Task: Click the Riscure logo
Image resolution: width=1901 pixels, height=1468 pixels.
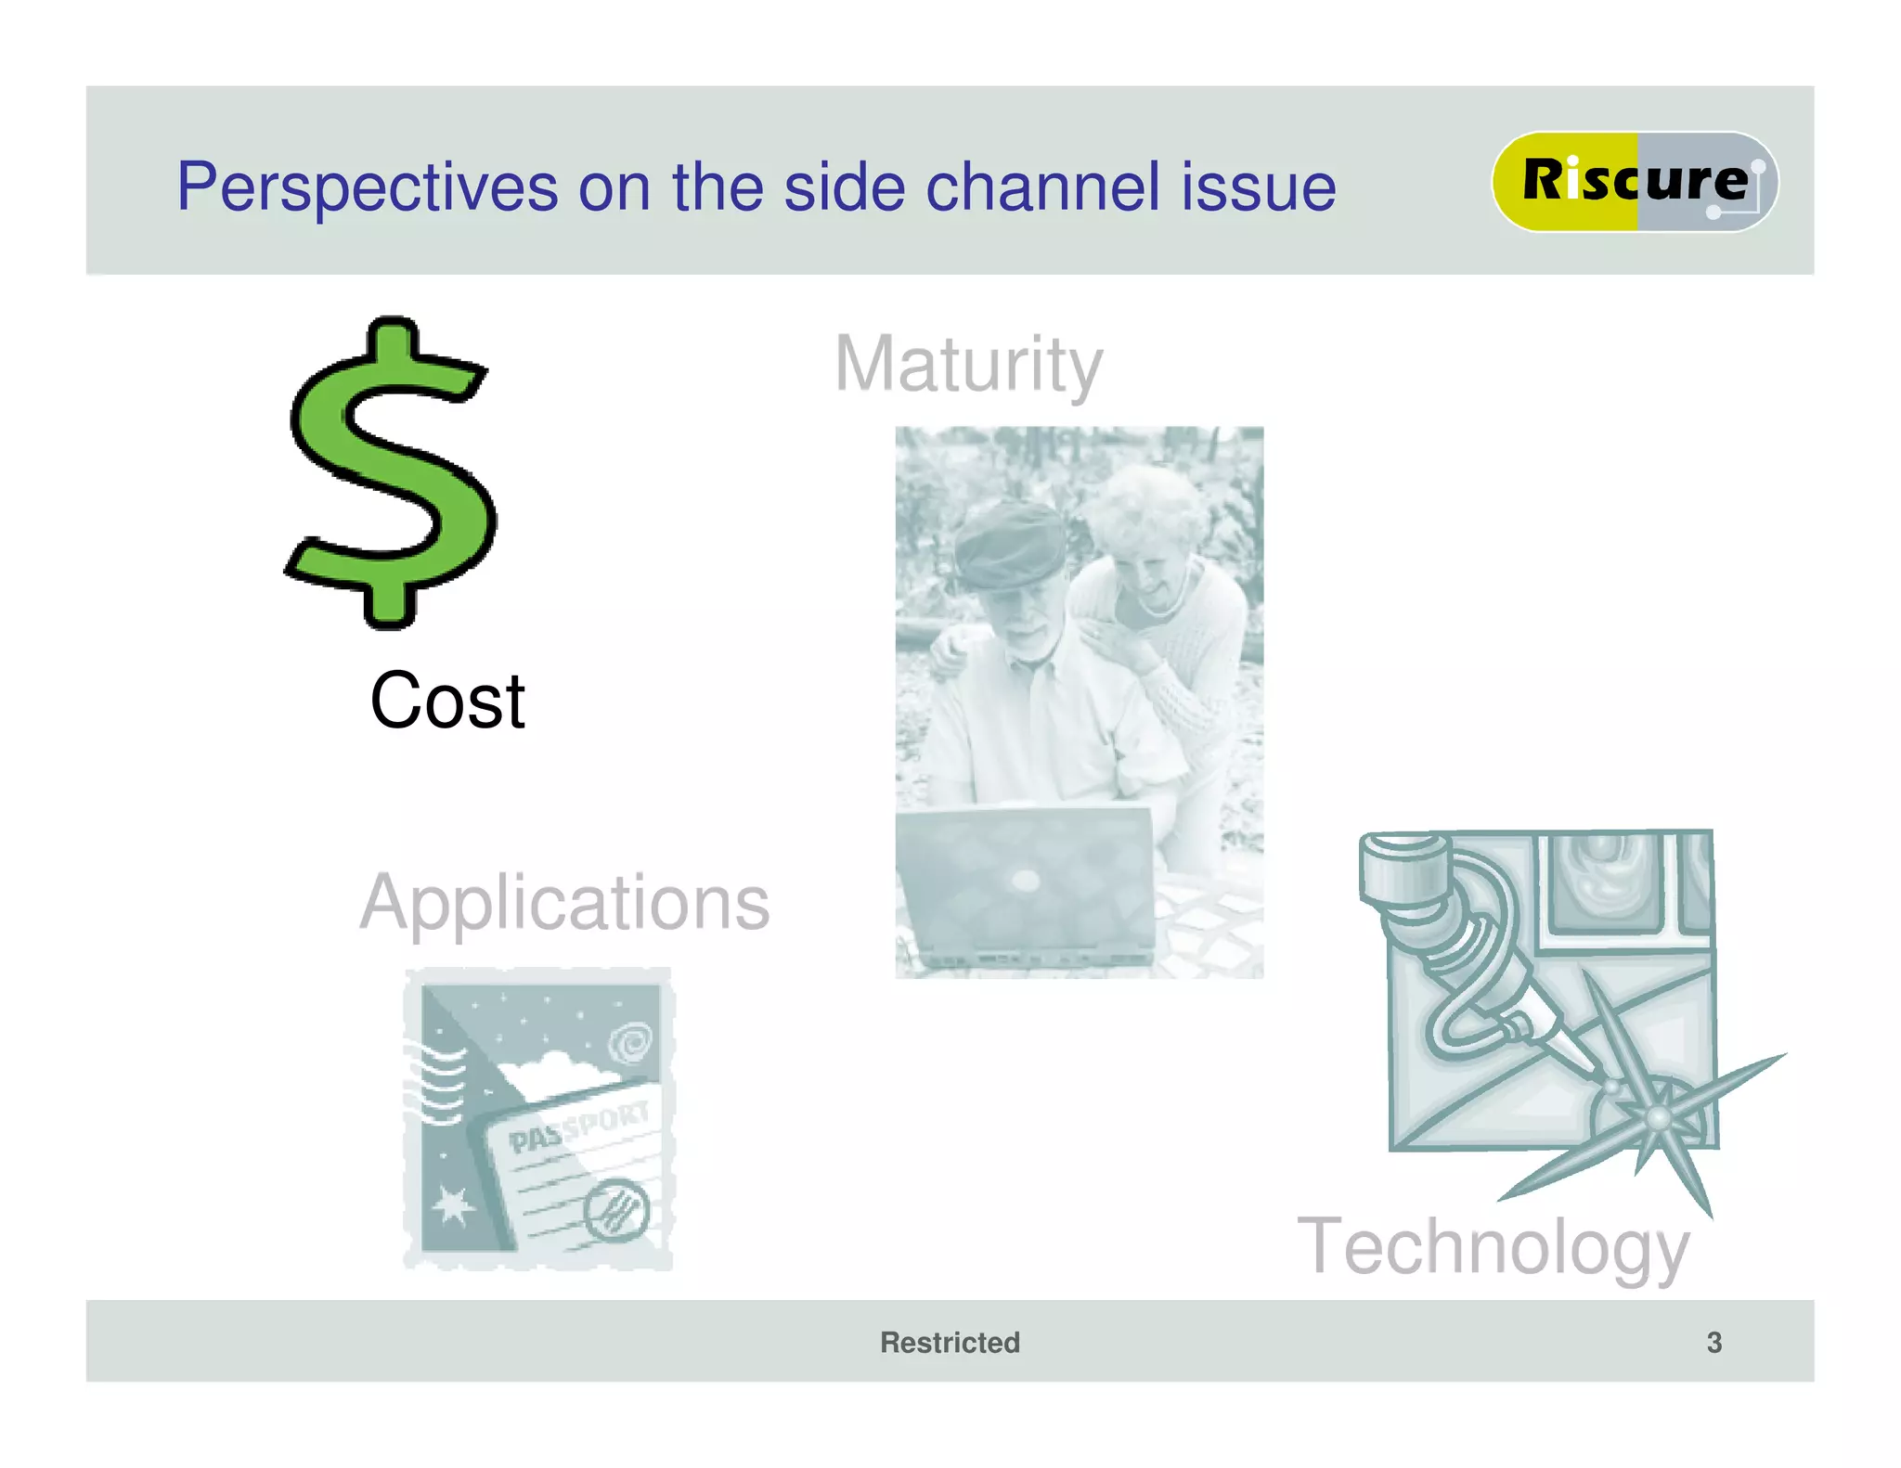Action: (x=1634, y=181)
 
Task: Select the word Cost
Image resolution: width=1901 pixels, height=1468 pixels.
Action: (x=447, y=701)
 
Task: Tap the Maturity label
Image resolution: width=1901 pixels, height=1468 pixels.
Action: (x=968, y=365)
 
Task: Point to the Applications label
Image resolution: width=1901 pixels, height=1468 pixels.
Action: (x=564, y=903)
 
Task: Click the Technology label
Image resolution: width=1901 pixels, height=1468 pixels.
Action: (x=1493, y=1246)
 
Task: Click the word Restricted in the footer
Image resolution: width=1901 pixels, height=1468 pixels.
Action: (x=950, y=1342)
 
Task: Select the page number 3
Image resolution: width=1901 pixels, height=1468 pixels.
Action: (x=1713, y=1342)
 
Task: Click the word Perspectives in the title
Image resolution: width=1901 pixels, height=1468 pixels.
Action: (x=367, y=187)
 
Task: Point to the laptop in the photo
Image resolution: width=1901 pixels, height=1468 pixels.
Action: (x=1026, y=882)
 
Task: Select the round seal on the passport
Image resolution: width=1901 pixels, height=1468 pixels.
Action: (x=616, y=1209)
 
